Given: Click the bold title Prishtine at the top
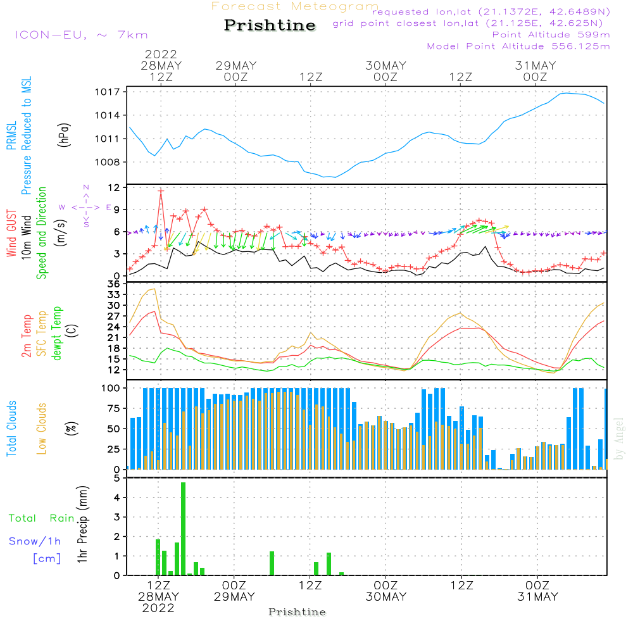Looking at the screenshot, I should pyautogui.click(x=270, y=25).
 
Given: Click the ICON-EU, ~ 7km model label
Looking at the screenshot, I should pyautogui.click(x=81, y=35).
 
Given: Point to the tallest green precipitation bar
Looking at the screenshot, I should pyautogui.click(x=183, y=529).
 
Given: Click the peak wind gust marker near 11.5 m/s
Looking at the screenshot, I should pyautogui.click(x=161, y=191).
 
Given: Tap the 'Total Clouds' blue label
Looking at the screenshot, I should pyautogui.click(x=12, y=429).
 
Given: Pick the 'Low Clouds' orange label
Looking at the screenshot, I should pyautogui.click(x=42, y=429).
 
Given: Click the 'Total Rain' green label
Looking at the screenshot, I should pyautogui.click(x=41, y=518).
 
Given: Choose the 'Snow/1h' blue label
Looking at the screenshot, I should pyautogui.click(x=35, y=542).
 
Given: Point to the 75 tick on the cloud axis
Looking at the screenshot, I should pyautogui.click(x=111, y=408).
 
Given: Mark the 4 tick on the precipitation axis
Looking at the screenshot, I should pyautogui.click(x=117, y=498).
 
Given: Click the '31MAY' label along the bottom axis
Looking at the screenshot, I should pyautogui.click(x=537, y=597).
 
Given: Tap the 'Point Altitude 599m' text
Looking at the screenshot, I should pyautogui.click(x=551, y=35).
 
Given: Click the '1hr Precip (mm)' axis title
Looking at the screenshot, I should pyautogui.click(x=83, y=525).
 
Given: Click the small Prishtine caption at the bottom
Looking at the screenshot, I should pyautogui.click(x=297, y=612).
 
